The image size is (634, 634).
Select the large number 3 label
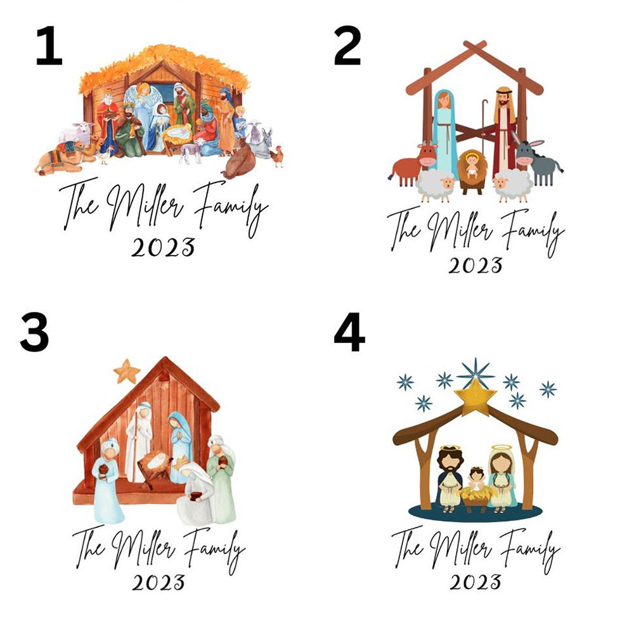coord(34,333)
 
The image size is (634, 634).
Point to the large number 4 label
coord(349,333)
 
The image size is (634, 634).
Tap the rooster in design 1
coord(276,155)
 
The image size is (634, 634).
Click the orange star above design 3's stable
coord(126,371)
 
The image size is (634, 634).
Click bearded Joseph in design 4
coord(451,478)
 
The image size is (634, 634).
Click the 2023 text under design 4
coord(475,581)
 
